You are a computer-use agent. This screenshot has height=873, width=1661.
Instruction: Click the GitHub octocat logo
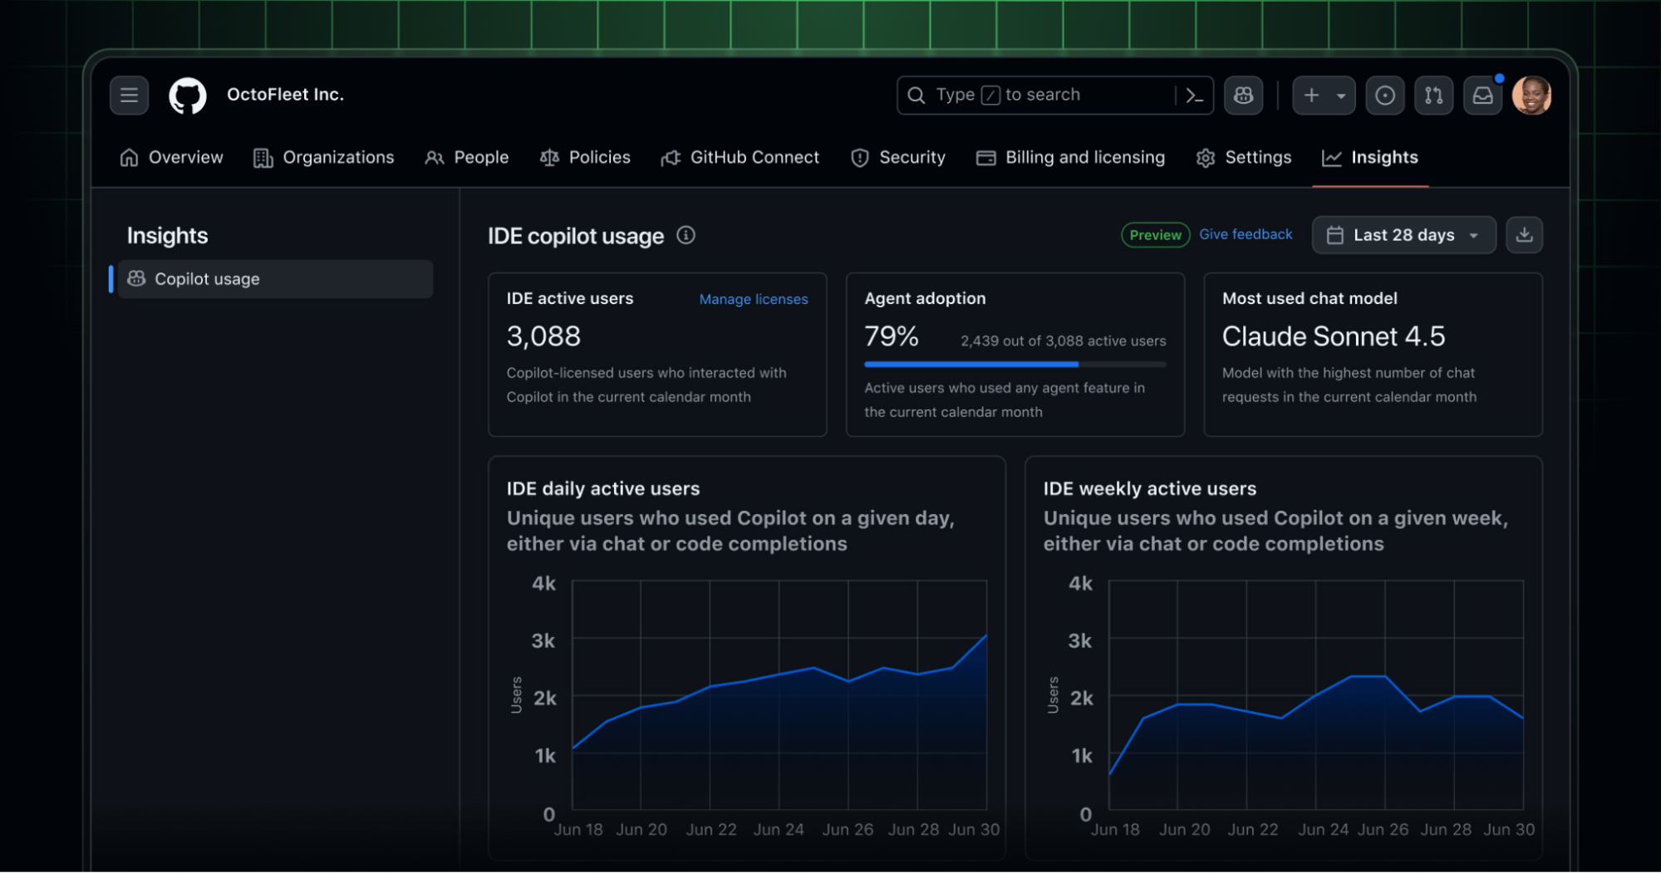tap(188, 96)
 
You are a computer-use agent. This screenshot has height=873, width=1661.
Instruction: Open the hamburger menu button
tap(129, 96)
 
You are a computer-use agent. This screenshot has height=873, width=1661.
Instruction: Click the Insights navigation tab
tap(1370, 158)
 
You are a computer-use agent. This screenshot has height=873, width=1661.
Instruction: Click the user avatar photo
tap(1531, 96)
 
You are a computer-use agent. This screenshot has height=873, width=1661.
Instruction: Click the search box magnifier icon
tap(916, 96)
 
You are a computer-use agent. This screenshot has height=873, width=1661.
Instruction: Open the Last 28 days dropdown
tap(1403, 235)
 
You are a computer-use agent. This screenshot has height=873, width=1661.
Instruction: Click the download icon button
tap(1524, 235)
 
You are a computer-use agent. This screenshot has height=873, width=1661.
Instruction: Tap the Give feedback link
tap(1245, 235)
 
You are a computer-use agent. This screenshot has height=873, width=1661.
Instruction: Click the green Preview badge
tap(1155, 235)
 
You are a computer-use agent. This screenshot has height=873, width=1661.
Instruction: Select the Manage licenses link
tap(753, 299)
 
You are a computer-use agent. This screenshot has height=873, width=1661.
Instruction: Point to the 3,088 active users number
tap(543, 336)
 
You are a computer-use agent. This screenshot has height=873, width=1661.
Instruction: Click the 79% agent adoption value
tap(891, 336)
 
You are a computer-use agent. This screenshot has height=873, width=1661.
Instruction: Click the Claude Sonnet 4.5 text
tap(1333, 336)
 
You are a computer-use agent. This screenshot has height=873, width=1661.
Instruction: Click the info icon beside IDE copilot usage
tap(686, 236)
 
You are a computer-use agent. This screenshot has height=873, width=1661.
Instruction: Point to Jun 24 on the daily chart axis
tap(779, 830)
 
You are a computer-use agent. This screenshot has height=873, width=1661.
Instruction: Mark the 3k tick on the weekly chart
tap(1079, 641)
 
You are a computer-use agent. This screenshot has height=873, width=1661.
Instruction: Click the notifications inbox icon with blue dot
tap(1482, 96)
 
